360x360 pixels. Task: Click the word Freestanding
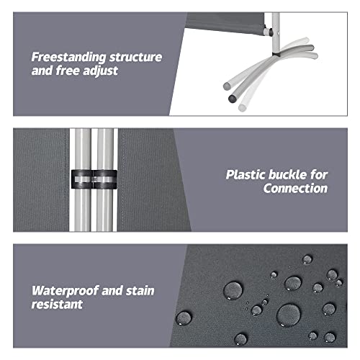tap(69, 58)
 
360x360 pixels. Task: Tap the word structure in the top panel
tap(136, 57)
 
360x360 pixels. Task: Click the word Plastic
tap(246, 174)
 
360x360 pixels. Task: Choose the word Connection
tap(295, 188)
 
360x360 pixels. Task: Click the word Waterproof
tap(65, 291)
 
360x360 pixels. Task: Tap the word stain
tap(140, 291)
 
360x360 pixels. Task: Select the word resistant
tap(57, 305)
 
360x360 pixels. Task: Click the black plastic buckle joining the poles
tap(94, 179)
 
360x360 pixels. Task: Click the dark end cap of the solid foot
tap(233, 99)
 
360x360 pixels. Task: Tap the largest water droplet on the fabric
tap(289, 315)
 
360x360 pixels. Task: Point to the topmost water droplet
tap(307, 260)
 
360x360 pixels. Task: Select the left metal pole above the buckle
tap(82, 149)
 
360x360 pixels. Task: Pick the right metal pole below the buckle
tap(104, 210)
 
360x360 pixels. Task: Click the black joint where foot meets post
tap(276, 55)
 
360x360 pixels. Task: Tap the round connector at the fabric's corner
tap(267, 32)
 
